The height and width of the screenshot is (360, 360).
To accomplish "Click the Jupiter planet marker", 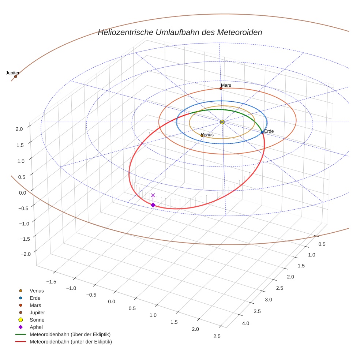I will [x=15, y=76].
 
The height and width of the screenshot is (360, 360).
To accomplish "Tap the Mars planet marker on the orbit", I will [x=221, y=88].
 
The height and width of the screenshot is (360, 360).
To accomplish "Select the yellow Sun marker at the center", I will [x=222, y=121].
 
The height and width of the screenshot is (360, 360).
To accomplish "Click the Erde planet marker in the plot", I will [x=262, y=132].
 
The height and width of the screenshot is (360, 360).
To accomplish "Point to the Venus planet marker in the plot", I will [x=202, y=135].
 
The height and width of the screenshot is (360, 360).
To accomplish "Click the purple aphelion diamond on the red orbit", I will [x=153, y=205].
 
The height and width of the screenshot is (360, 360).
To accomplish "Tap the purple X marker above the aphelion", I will [x=153, y=195].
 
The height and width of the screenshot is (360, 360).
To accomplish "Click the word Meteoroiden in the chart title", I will [x=239, y=32].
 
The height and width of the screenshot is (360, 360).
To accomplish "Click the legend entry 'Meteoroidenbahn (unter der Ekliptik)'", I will [x=71, y=342].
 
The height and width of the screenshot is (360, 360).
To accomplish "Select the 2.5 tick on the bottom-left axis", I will [x=217, y=336].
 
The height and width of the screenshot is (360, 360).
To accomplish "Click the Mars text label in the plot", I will [x=226, y=85].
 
